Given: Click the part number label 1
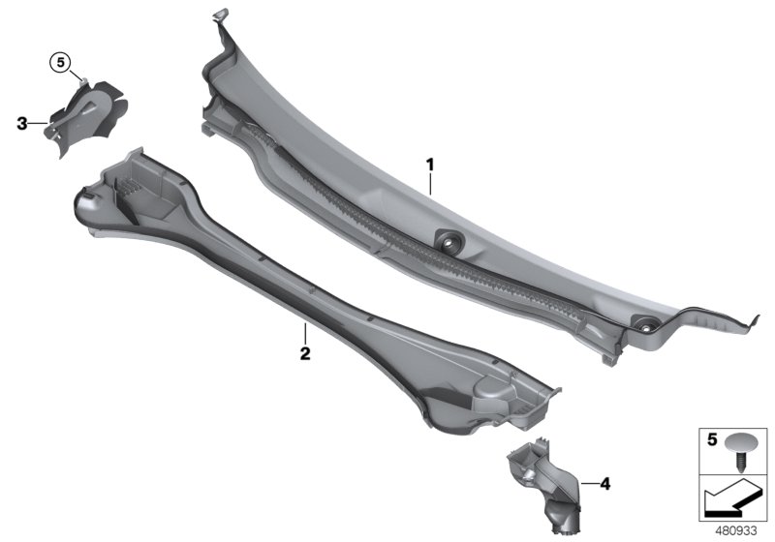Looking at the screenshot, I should pyautogui.click(x=430, y=166).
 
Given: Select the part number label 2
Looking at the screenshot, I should pyautogui.click(x=304, y=354).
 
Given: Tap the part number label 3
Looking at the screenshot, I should pyautogui.click(x=22, y=123).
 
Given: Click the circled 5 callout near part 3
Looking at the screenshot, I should pyautogui.click(x=61, y=63).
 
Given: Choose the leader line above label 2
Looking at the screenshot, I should pyautogui.click(x=304, y=333).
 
